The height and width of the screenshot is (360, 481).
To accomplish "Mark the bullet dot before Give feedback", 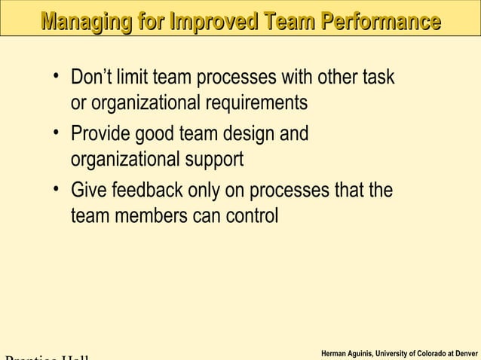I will tap(57, 188).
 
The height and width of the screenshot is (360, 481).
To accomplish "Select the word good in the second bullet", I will tap(155, 135).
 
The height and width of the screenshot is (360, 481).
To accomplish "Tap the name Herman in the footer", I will tap(335, 352).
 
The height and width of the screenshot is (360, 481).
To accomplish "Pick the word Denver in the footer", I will tap(464, 352).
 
